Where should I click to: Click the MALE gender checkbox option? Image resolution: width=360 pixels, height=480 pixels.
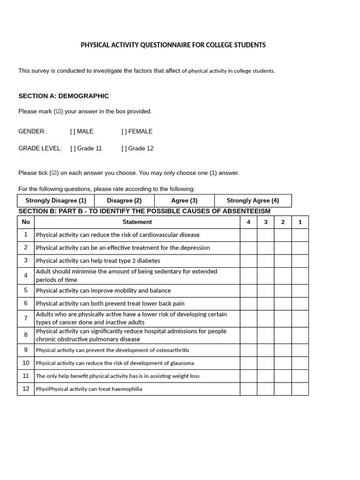point(73,131)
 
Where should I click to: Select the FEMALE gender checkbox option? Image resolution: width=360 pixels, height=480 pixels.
point(124,131)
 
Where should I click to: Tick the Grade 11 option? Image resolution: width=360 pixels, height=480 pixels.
point(73,148)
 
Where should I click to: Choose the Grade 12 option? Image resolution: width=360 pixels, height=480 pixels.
point(124,148)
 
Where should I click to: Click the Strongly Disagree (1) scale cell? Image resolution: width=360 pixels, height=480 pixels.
point(56,201)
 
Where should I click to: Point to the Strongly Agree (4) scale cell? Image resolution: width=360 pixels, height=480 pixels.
point(253,201)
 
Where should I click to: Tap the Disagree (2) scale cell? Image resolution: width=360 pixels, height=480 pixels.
point(124,201)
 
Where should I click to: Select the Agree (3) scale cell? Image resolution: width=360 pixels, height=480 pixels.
point(184,201)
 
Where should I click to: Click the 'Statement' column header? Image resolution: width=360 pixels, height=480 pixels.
point(137,222)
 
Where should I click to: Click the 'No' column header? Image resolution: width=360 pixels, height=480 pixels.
point(26,222)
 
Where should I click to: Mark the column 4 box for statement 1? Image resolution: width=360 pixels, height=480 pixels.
point(248,235)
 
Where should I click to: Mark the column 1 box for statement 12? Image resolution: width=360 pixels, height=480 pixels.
point(300,389)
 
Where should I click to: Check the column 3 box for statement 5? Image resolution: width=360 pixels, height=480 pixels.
point(265,291)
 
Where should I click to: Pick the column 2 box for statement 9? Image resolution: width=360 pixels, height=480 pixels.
point(283,350)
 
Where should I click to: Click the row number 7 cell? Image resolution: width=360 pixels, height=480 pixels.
point(26,318)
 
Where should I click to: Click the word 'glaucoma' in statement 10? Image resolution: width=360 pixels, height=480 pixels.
point(181,363)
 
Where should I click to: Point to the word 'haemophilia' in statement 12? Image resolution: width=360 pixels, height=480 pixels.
point(127,389)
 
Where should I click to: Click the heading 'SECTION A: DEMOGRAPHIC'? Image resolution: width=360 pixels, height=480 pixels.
point(63,96)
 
